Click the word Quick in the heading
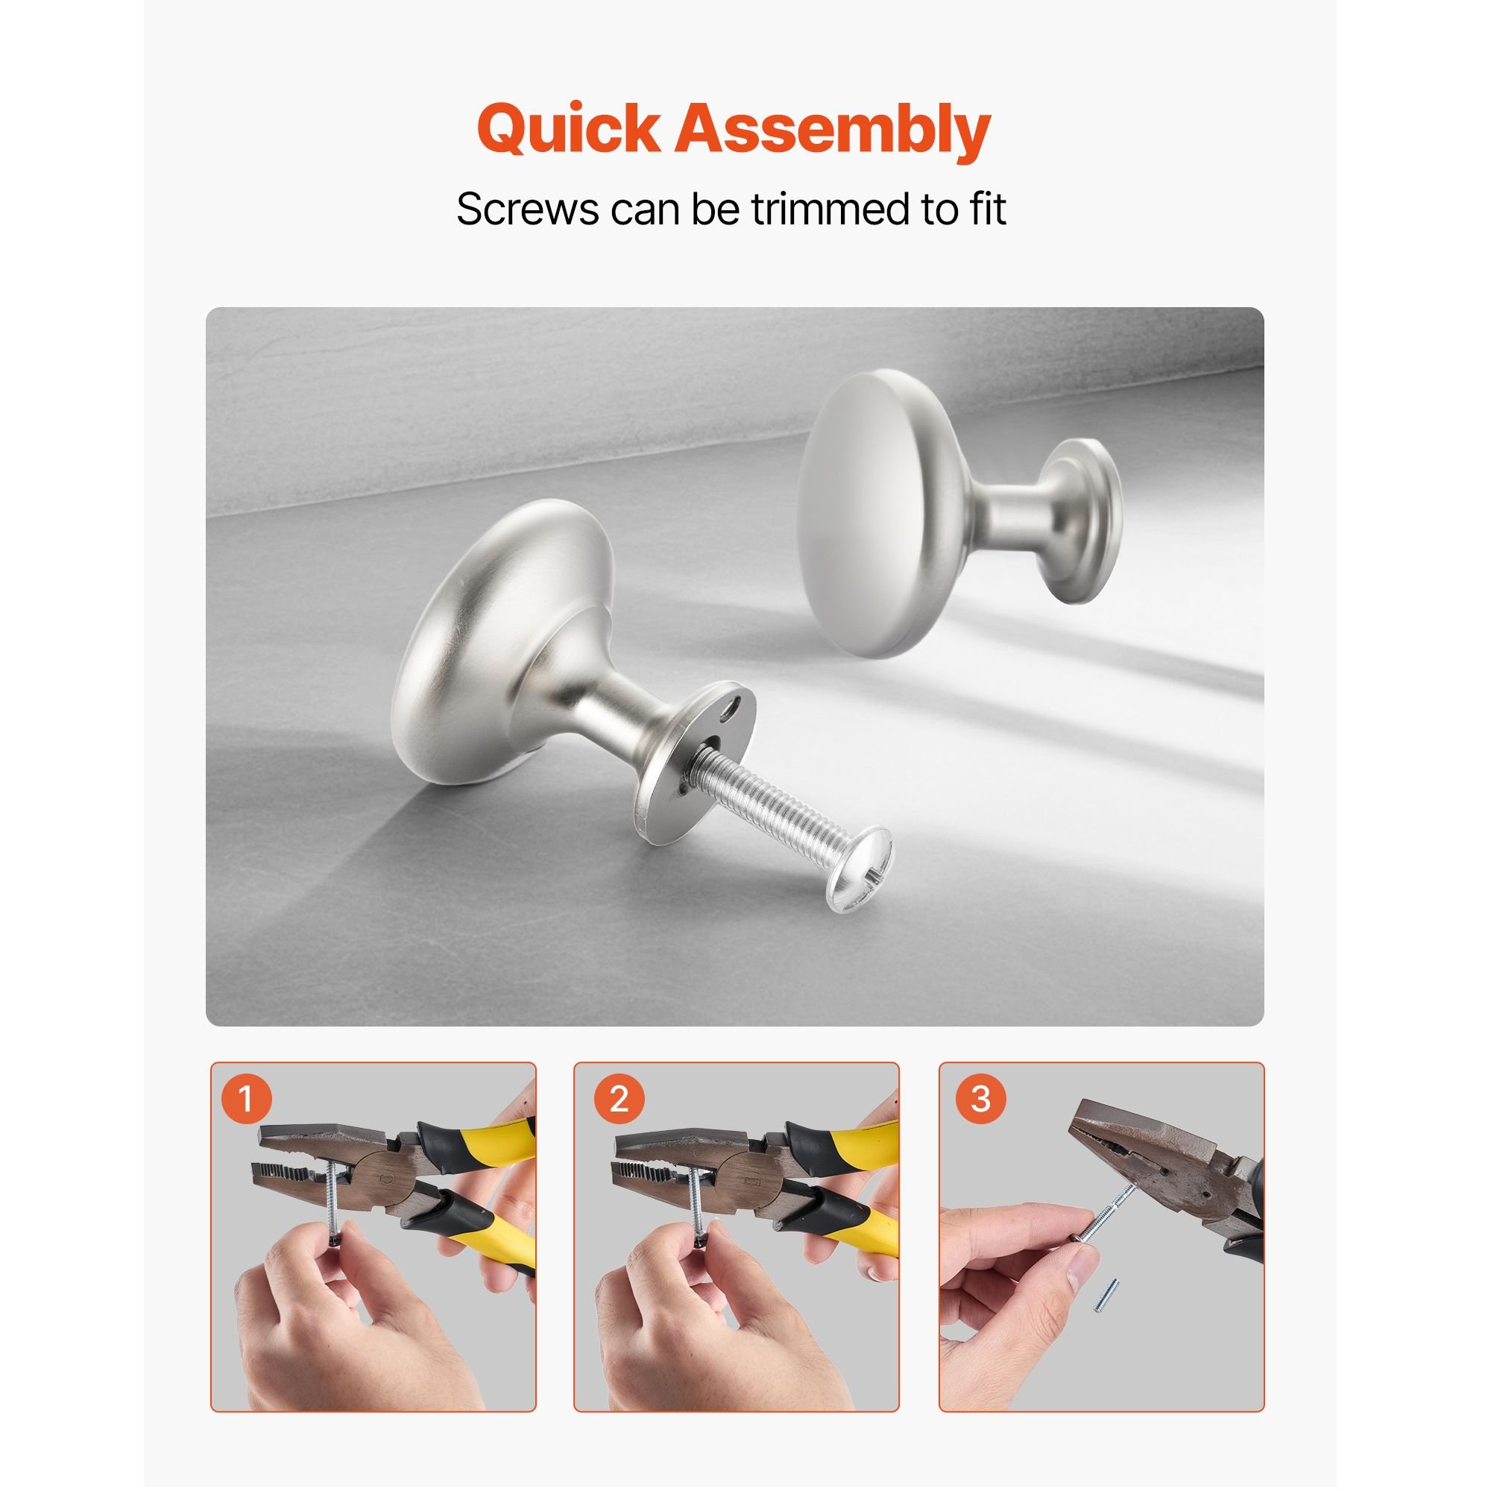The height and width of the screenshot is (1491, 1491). pos(569,130)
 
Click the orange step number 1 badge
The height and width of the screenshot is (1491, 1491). pos(246,1098)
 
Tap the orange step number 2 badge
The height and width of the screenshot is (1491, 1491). pos(620,1098)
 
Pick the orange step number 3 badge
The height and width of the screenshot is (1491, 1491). pos(981,1098)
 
